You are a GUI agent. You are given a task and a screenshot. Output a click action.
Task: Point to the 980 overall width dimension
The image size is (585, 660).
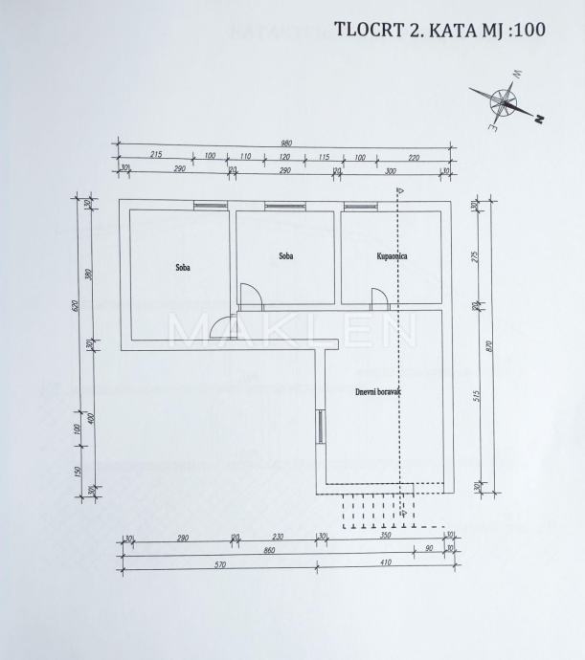tap(286, 143)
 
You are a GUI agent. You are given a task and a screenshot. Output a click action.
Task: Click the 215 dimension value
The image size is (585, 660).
tap(157, 156)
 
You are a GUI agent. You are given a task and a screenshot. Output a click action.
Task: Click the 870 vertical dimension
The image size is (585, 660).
tap(489, 348)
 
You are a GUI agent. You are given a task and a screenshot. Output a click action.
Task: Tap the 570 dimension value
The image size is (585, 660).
tap(219, 565)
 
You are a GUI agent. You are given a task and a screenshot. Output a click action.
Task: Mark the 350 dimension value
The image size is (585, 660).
tap(386, 539)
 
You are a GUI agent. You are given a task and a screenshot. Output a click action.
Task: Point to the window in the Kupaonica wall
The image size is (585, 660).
tap(359, 206)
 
